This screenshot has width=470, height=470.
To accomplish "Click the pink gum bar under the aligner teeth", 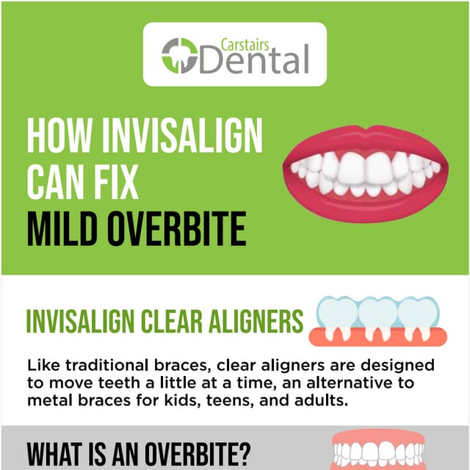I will [377, 339].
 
